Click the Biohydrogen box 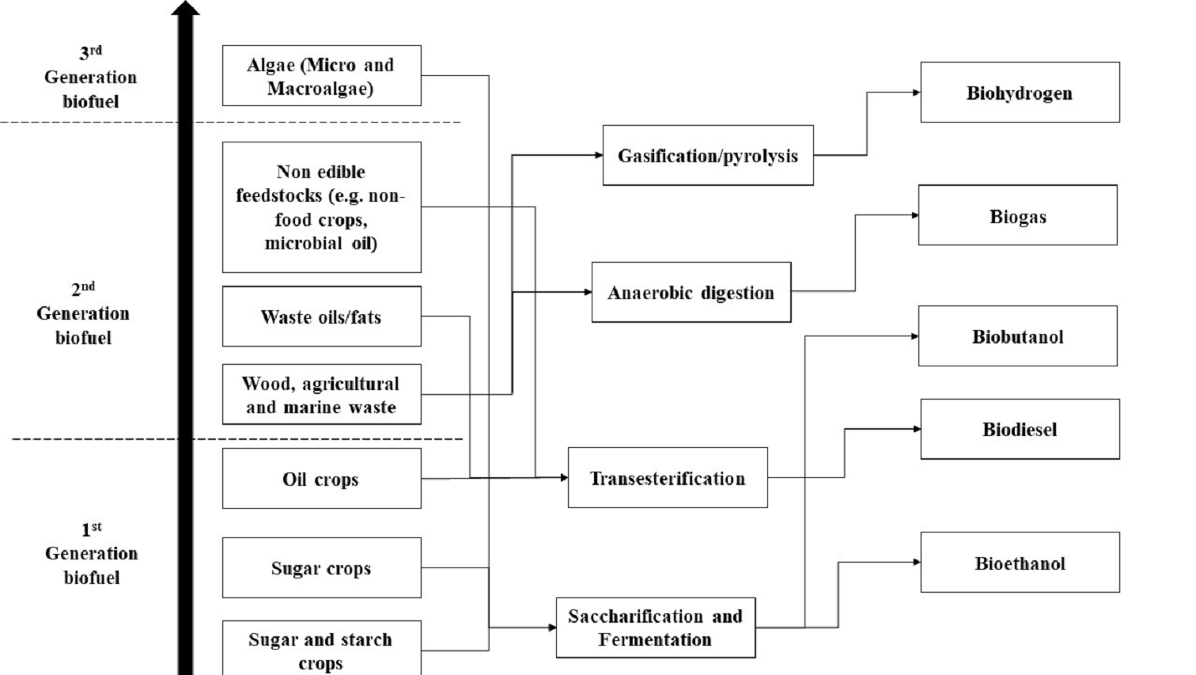[1020, 93]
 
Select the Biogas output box [1017, 215]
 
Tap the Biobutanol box [1017, 336]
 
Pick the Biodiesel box [1020, 429]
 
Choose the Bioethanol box [1020, 563]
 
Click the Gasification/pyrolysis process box [707, 155]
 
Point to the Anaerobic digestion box [691, 292]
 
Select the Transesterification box [668, 478]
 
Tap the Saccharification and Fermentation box [655, 628]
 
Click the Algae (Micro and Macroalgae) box [321, 76]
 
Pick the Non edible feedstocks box [321, 207]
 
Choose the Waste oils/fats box [321, 317]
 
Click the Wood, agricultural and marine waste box [321, 395]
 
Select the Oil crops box [321, 479]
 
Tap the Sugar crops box [321, 567]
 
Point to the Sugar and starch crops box [321, 649]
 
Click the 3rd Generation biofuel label [90, 77]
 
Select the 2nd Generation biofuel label [83, 313]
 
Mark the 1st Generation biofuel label [91, 553]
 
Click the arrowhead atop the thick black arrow [185, 8]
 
